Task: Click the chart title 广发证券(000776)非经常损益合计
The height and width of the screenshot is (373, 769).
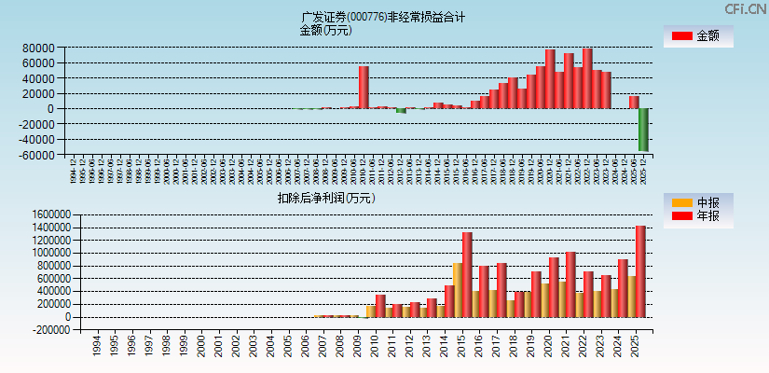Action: coord(383,17)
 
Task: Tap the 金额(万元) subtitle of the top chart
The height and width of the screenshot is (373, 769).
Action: coord(325,30)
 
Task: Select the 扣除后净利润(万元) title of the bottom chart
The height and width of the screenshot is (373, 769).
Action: coord(325,198)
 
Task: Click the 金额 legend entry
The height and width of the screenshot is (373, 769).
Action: coord(698,36)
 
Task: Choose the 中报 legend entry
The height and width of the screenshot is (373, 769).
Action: coord(698,202)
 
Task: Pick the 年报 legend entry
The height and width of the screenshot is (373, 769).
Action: coord(698,216)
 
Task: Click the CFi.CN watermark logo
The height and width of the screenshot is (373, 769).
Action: coord(745,8)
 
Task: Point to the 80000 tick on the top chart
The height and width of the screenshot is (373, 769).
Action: coord(38,48)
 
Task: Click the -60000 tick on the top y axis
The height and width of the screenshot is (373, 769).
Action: coord(36,155)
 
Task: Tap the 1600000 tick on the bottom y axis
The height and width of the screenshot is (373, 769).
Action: coord(34,214)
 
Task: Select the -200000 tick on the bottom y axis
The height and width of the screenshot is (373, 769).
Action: coord(34,330)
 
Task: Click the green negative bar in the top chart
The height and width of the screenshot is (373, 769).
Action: coord(643,130)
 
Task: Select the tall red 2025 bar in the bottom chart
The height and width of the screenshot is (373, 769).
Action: coord(640,270)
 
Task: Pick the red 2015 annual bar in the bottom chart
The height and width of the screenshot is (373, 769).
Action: coord(467,274)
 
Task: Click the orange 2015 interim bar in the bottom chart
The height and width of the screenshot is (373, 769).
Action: coord(457,289)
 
